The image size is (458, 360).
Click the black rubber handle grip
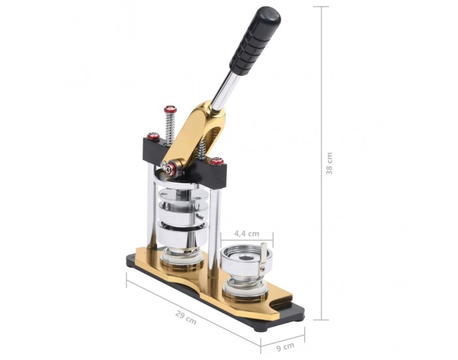point(255,41)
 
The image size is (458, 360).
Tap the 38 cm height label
point(329,164)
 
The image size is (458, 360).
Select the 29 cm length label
point(186,317)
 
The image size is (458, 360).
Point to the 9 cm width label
point(285,347)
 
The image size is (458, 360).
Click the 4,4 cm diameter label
point(247,234)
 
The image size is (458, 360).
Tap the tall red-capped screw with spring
point(169,125)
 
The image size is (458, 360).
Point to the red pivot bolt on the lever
point(169,169)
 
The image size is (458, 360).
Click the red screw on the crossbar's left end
point(153,136)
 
